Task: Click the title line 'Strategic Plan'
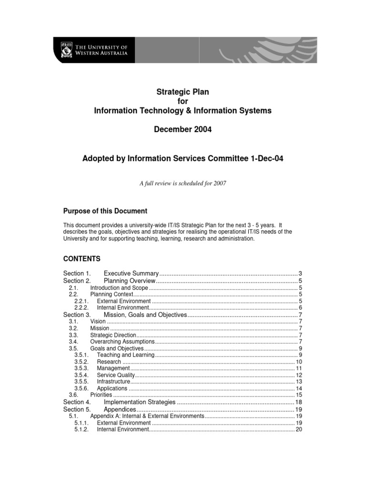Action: pyautogui.click(x=183, y=91)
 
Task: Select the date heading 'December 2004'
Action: pyautogui.click(x=183, y=130)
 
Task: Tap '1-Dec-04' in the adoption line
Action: pyautogui.click(x=267, y=159)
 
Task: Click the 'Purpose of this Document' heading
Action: pyautogui.click(x=105, y=211)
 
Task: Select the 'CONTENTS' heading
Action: pyautogui.click(x=82, y=259)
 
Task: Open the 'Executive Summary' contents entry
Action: pyautogui.click(x=131, y=274)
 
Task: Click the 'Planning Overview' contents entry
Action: pyautogui.click(x=130, y=281)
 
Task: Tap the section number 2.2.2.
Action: pyautogui.click(x=82, y=308)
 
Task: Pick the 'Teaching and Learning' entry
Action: pyautogui.click(x=125, y=355)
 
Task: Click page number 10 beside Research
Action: pyautogui.click(x=299, y=362)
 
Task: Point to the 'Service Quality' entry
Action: pyautogui.click(x=116, y=375)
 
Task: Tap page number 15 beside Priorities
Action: pyautogui.click(x=299, y=395)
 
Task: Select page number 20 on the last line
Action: pyautogui.click(x=299, y=429)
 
